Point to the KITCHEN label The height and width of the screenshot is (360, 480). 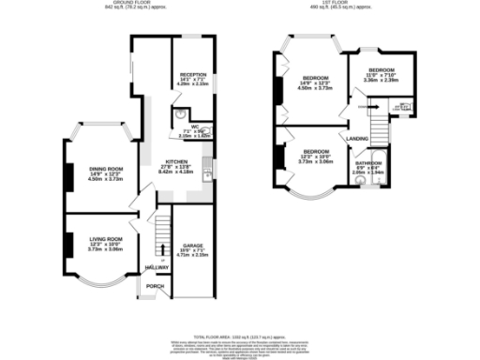(178, 161)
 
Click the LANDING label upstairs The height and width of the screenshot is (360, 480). (357, 139)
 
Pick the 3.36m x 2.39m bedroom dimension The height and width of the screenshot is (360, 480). (382, 81)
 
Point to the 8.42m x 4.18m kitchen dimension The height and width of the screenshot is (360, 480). (178, 172)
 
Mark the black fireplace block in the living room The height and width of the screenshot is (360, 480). (67, 242)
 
